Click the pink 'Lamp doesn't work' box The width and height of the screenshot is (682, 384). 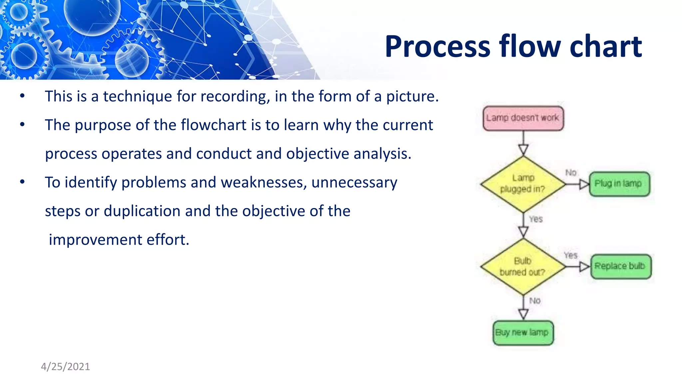pyautogui.click(x=523, y=118)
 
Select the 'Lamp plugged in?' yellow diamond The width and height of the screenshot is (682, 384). pyautogui.click(x=523, y=184)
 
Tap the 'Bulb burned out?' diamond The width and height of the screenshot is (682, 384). pyautogui.click(x=523, y=266)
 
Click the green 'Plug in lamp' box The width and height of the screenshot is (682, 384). pyautogui.click(x=619, y=184)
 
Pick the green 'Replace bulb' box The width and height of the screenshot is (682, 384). pyautogui.click(x=620, y=266)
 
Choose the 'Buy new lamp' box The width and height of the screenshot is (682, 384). pyautogui.click(x=523, y=333)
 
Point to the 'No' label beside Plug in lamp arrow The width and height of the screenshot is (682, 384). pyautogui.click(x=571, y=173)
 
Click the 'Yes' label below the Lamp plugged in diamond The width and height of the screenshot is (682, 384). pyautogui.click(x=536, y=219)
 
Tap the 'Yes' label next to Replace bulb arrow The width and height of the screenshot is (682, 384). pyautogui.click(x=570, y=255)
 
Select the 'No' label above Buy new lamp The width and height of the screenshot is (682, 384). pyautogui.click(x=535, y=301)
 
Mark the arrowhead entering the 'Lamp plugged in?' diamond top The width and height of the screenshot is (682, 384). pyautogui.click(x=523, y=150)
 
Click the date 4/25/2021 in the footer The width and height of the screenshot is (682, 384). pyautogui.click(x=65, y=367)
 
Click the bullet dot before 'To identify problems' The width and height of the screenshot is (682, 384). pyautogui.click(x=22, y=182)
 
